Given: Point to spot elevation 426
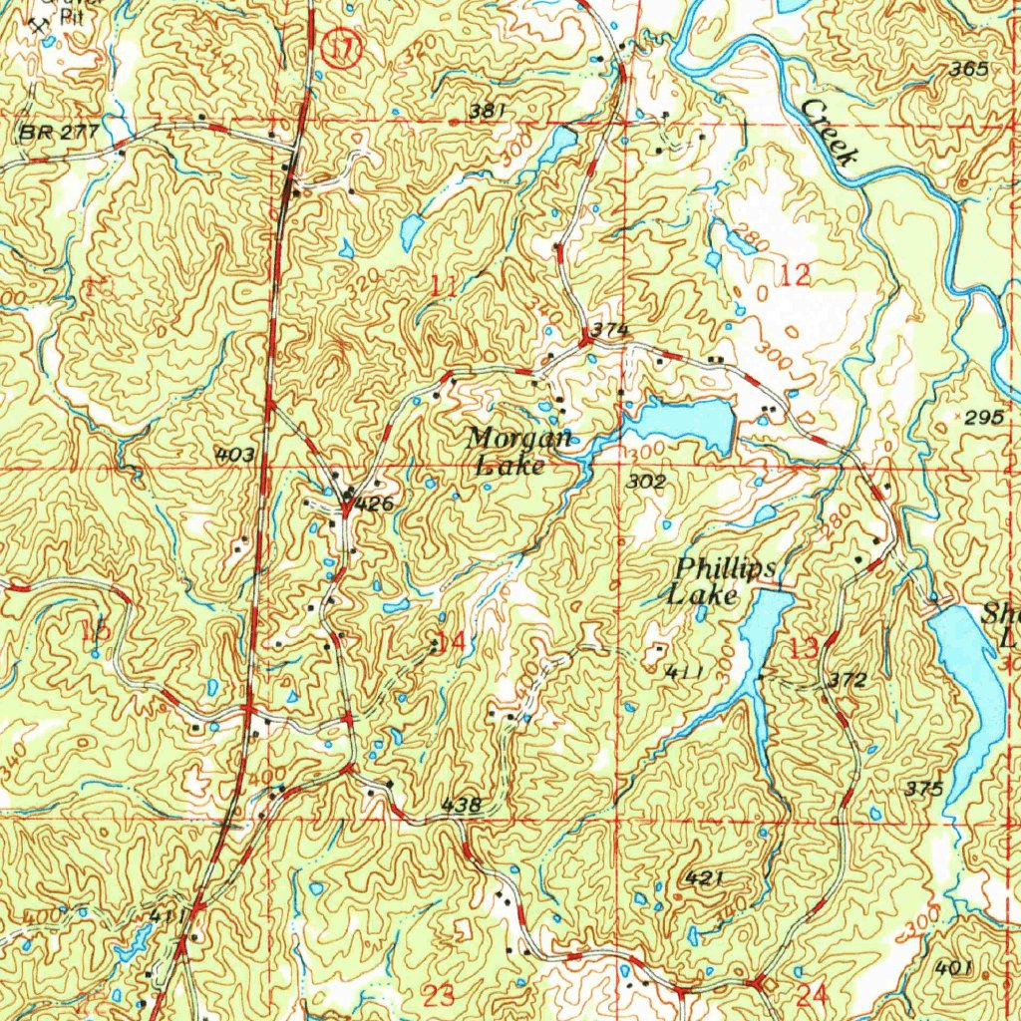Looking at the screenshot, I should (x=374, y=506).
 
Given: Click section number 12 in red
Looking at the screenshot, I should (x=795, y=276).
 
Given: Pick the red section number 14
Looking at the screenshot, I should (x=451, y=643).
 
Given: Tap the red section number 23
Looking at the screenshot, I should (x=439, y=994).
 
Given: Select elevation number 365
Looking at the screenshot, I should (x=968, y=70).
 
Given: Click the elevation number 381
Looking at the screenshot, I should (x=487, y=111).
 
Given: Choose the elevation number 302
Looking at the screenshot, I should (x=647, y=482).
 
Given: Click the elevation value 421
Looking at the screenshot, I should (x=704, y=877).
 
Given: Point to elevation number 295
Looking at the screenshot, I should (x=985, y=418).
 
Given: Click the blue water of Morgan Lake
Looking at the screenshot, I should (x=688, y=420).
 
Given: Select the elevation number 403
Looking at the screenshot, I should (x=235, y=456).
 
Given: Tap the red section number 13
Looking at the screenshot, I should (x=804, y=647).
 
